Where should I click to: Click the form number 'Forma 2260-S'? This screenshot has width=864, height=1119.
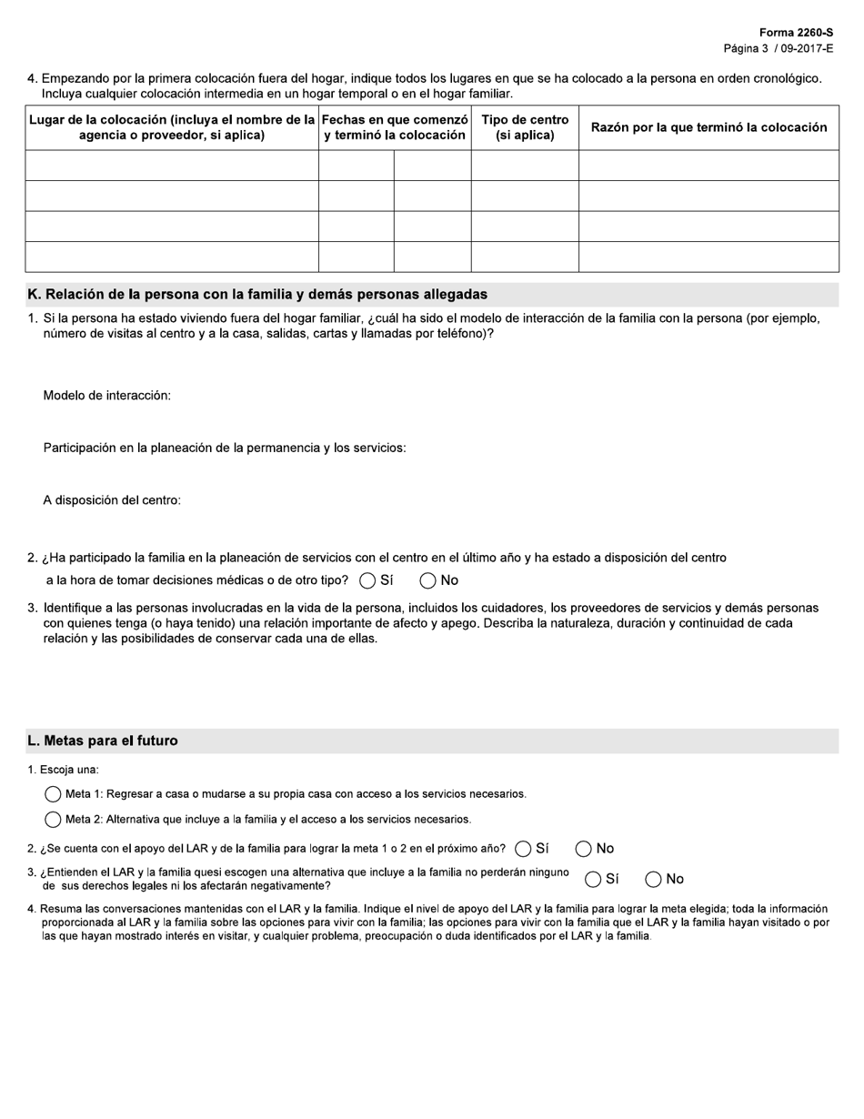click(x=796, y=32)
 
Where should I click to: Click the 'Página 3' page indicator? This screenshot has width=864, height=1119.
click(x=746, y=48)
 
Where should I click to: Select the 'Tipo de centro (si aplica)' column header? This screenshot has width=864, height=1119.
click(x=525, y=127)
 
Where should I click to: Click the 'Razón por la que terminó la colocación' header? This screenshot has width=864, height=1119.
click(x=708, y=127)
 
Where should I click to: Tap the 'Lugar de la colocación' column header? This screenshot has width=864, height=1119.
click(x=172, y=127)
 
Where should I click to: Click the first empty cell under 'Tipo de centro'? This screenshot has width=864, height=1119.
click(x=525, y=166)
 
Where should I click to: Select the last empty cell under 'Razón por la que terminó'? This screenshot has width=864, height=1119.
click(x=708, y=257)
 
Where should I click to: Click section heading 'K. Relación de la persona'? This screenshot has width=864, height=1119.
click(x=257, y=295)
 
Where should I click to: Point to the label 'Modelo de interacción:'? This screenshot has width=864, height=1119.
click(x=107, y=396)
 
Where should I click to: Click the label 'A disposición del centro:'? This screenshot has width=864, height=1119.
click(x=112, y=500)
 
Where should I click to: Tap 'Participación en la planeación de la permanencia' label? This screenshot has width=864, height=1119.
click(x=225, y=448)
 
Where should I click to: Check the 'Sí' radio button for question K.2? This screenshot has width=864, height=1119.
click(x=367, y=580)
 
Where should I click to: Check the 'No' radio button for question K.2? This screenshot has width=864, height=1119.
click(x=428, y=580)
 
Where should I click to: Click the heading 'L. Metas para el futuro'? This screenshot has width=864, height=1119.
click(x=103, y=741)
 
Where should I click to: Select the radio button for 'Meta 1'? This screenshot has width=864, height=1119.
click(x=53, y=794)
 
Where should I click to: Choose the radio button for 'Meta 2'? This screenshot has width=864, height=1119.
click(x=53, y=820)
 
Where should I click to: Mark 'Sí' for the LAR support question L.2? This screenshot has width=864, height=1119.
click(x=523, y=849)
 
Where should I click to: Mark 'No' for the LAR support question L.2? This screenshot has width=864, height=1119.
click(x=584, y=849)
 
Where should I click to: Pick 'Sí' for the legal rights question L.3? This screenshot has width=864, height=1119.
click(x=593, y=879)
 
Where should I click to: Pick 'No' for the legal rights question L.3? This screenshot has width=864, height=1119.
click(x=653, y=879)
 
